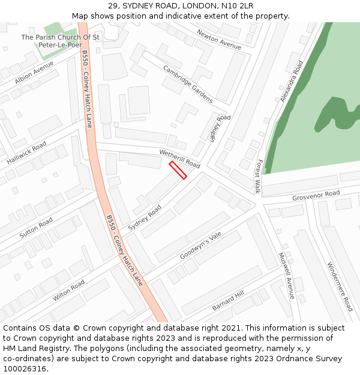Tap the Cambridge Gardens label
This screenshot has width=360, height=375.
click(x=188, y=84)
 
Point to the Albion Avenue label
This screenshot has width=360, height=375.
click(x=34, y=73)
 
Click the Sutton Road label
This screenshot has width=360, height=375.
click(x=37, y=228)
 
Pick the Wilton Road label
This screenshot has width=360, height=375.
click(x=68, y=289)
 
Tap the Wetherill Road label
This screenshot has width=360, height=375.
click(x=179, y=159)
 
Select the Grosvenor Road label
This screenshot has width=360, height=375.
click(x=316, y=196)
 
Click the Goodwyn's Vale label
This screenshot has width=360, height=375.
click(x=200, y=247)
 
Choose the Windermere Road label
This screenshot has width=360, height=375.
click(x=340, y=286)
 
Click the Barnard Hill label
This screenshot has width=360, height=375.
click(x=228, y=301)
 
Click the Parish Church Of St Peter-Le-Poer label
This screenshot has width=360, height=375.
click(x=60, y=41)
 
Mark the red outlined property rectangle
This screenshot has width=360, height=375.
click(x=178, y=170)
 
